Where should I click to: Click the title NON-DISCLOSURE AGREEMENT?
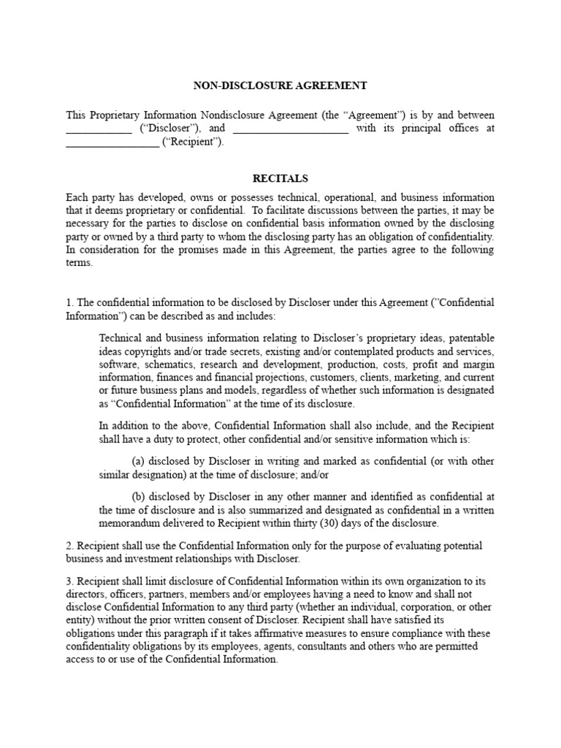(280, 85)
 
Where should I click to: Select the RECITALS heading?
(280, 178)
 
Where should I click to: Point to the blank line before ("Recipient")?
(112, 144)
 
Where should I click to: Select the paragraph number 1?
(69, 302)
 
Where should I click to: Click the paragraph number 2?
(69, 546)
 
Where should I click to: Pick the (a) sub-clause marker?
(138, 462)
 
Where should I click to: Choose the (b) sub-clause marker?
(138, 497)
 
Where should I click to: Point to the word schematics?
(169, 364)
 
